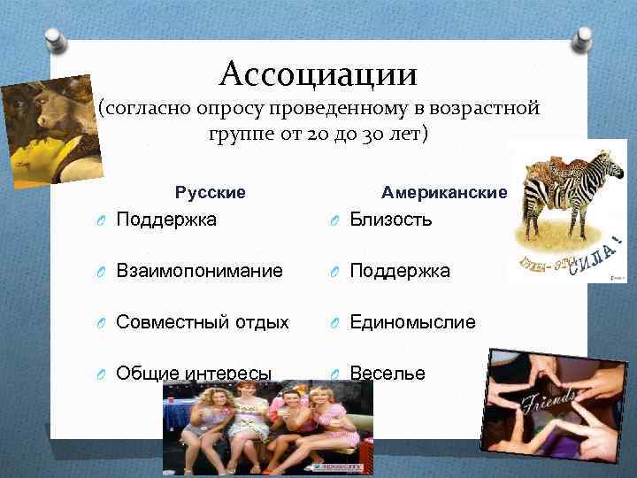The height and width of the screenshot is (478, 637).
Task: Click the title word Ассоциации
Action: (318, 72)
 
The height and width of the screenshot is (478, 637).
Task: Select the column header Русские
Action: (211, 192)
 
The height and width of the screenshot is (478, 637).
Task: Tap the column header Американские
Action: (444, 192)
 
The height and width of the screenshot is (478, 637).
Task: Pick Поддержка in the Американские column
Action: (400, 271)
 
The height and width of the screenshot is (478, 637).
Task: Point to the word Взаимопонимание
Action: (200, 271)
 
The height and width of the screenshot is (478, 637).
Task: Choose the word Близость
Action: (392, 220)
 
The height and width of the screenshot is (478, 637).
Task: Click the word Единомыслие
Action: (412, 322)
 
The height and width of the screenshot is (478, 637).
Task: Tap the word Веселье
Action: (388, 374)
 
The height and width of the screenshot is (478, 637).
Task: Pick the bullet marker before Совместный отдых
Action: (103, 323)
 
